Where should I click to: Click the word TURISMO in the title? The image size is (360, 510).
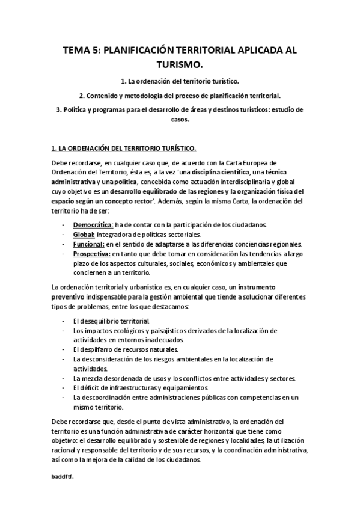point(180,63)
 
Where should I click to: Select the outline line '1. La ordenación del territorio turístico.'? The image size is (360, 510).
point(180,81)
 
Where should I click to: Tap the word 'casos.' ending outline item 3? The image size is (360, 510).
point(180,119)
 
